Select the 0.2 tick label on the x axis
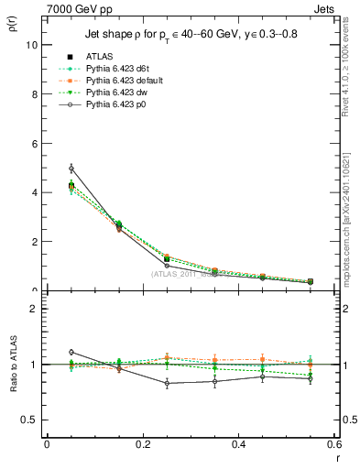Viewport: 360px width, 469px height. tap(142, 444)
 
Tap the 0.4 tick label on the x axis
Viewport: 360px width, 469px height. tap(238, 444)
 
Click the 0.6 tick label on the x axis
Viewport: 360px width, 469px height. tap(333, 444)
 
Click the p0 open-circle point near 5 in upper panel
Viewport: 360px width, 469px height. tap(71, 169)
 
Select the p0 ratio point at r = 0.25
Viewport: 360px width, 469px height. tap(167, 384)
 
